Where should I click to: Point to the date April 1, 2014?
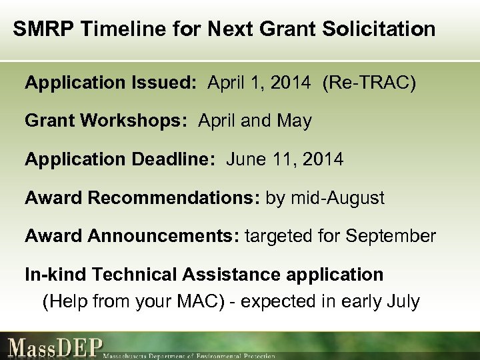click(259, 83)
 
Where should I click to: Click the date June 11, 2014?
click(285, 159)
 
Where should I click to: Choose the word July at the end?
click(402, 302)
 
